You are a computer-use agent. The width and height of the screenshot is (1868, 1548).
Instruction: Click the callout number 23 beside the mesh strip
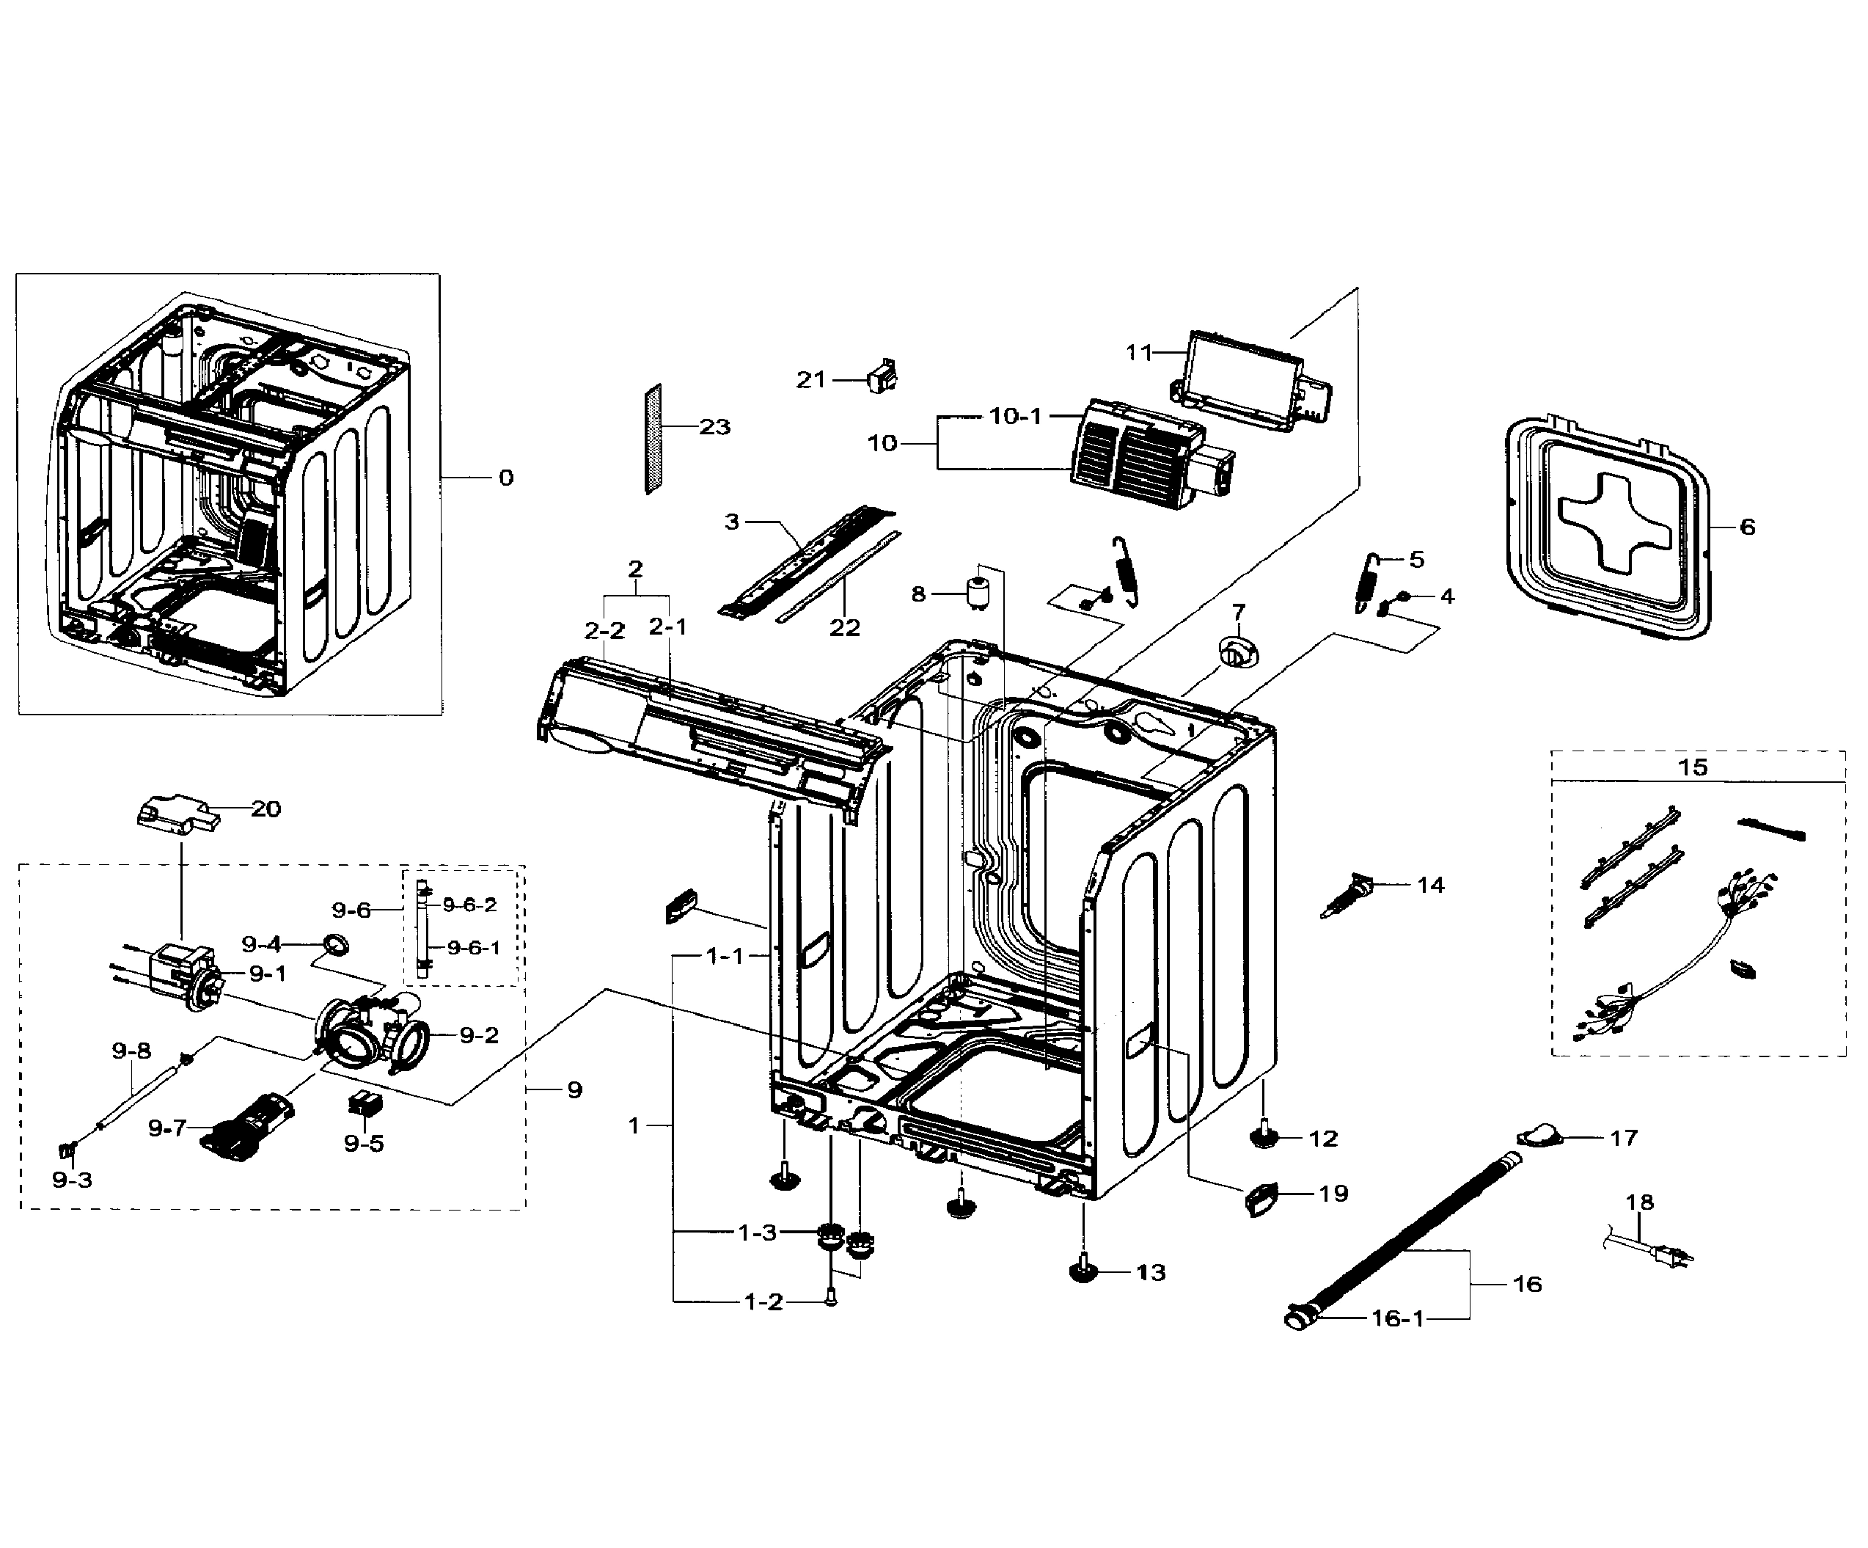pyautogui.click(x=714, y=427)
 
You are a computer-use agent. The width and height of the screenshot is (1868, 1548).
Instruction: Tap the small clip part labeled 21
pyautogui.click(x=882, y=377)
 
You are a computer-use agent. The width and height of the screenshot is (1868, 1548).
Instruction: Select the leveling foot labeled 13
pyautogui.click(x=1083, y=1271)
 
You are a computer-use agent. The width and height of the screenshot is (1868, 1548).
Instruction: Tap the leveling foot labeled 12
pyautogui.click(x=1264, y=1136)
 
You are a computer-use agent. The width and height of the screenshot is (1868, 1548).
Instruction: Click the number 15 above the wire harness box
pyautogui.click(x=1692, y=766)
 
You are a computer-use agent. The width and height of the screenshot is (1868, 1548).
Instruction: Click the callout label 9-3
pyautogui.click(x=71, y=1180)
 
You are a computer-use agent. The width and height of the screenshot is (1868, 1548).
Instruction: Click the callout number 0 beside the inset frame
pyautogui.click(x=505, y=478)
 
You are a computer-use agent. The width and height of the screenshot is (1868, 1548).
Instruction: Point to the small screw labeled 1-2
pyautogui.click(x=830, y=1298)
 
